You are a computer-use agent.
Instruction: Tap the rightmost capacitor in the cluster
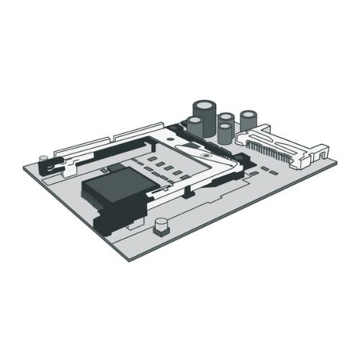(249, 121)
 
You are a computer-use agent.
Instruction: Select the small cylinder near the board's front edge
(161, 228)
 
